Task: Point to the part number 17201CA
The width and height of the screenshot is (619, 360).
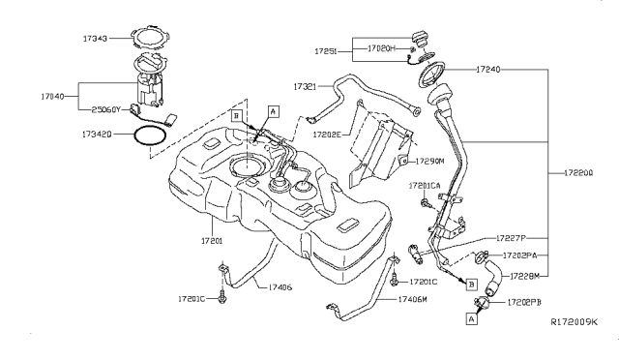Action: pos(427,185)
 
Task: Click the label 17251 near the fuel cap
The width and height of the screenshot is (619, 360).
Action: pos(327,47)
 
